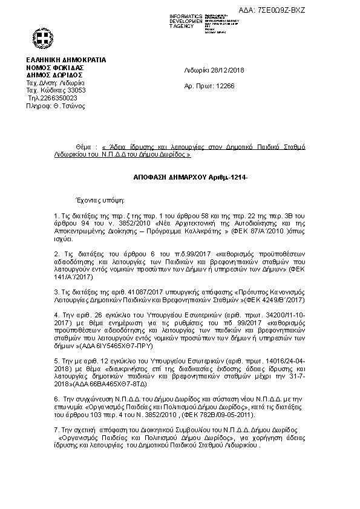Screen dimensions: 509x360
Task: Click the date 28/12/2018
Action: pyautogui.click(x=223, y=70)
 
